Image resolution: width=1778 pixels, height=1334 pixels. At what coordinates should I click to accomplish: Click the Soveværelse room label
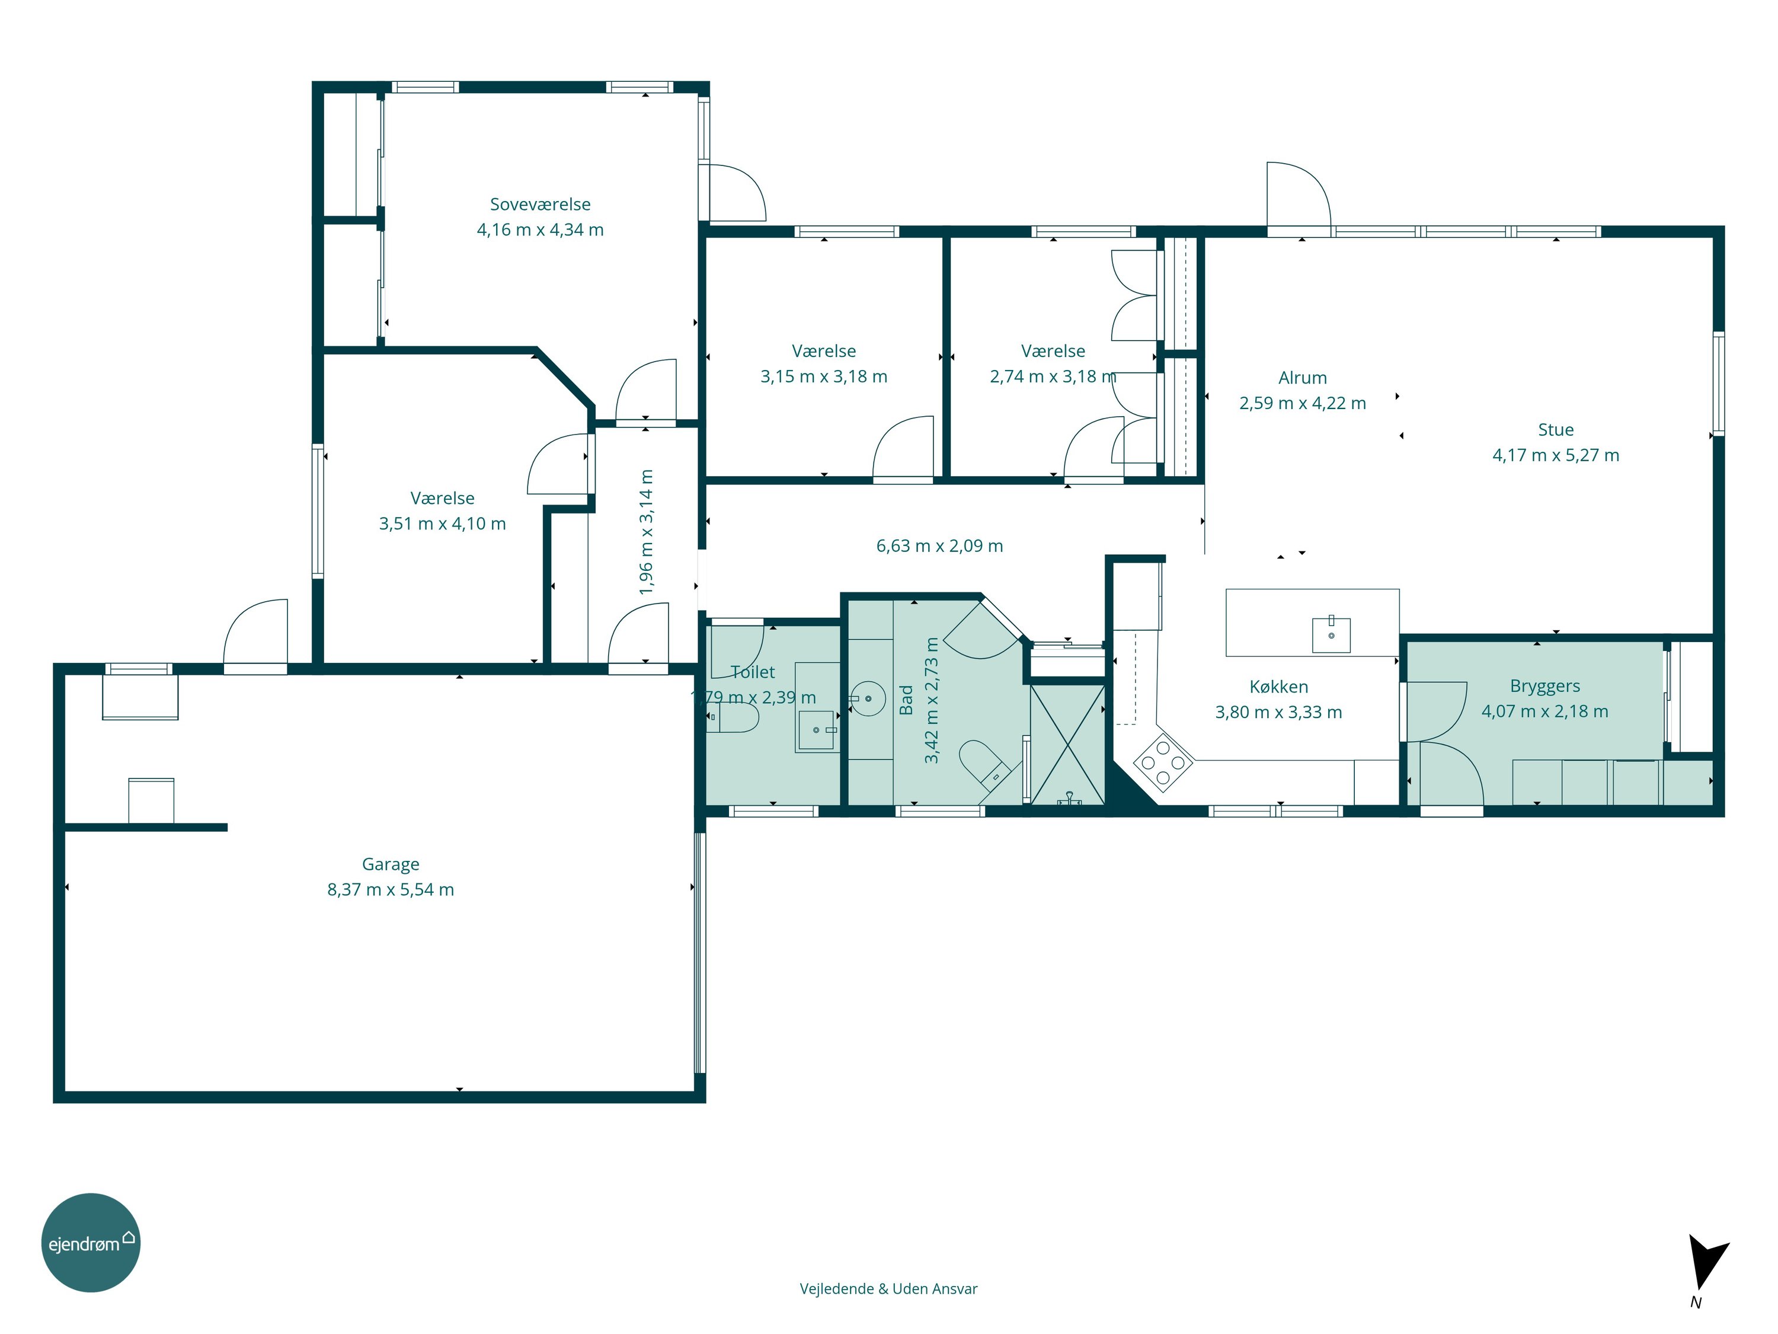point(540,204)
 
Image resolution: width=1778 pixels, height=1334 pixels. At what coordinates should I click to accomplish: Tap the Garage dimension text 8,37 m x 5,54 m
point(391,889)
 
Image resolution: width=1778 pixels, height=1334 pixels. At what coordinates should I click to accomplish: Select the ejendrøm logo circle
point(91,1242)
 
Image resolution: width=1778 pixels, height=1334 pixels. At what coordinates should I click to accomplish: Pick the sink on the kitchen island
point(1331,634)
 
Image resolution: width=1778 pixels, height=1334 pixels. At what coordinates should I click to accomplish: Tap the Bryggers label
point(1545,686)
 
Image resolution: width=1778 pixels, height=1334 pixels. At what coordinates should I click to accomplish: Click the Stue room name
point(1556,429)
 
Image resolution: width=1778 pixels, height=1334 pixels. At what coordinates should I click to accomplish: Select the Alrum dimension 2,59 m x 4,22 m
point(1302,403)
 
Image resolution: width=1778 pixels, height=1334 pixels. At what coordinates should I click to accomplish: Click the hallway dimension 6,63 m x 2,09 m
point(939,546)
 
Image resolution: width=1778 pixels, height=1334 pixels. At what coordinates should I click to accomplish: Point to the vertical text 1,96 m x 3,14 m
point(646,532)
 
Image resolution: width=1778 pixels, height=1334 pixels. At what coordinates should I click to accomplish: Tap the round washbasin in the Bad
point(867,699)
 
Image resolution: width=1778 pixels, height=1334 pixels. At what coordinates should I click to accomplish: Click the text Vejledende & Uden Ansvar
point(888,1288)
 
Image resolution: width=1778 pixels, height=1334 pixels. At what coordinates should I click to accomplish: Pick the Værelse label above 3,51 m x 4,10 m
point(442,498)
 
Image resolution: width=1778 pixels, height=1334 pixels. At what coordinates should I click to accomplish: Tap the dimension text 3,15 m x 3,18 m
point(824,376)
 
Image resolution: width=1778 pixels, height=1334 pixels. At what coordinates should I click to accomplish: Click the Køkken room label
point(1279,687)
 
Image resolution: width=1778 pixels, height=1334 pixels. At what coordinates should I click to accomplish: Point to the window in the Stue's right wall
point(1719,384)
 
